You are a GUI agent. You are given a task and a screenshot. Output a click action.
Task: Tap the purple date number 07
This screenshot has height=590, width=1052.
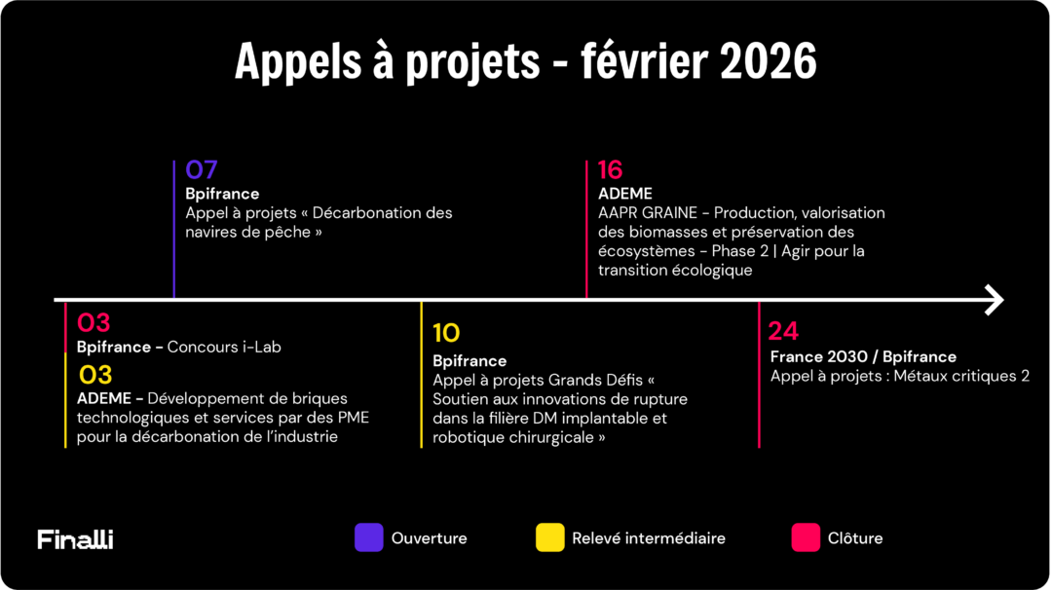[x=202, y=170]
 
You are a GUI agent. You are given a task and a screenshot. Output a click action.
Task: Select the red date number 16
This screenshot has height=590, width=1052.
[x=610, y=170]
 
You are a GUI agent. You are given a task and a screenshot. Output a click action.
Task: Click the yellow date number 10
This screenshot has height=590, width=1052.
[x=446, y=334]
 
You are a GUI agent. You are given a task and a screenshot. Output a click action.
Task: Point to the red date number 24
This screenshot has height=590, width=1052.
[x=783, y=331]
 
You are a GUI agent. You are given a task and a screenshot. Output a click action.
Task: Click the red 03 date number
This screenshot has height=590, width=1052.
[x=94, y=323]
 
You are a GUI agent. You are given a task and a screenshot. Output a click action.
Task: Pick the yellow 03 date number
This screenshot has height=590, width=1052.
[x=94, y=375]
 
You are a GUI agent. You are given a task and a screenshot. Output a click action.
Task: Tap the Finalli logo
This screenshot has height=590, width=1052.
[x=75, y=538]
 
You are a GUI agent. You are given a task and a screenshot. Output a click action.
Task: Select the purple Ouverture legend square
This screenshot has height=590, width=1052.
[x=368, y=537]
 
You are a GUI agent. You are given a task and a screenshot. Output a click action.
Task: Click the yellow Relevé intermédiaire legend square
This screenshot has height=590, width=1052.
[x=549, y=537]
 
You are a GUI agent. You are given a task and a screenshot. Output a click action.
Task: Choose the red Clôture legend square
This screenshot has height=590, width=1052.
[x=806, y=537]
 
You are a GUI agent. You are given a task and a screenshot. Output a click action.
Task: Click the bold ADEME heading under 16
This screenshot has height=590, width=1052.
[x=624, y=194]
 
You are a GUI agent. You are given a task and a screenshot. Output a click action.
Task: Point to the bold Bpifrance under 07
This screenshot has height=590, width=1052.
[x=222, y=194]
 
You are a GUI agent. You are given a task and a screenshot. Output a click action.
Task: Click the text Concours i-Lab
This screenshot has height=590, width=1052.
[x=224, y=347]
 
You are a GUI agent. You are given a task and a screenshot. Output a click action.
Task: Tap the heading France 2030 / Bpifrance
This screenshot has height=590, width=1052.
[x=863, y=356]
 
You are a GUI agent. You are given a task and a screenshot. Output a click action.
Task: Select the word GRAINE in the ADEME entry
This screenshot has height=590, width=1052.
[x=669, y=212]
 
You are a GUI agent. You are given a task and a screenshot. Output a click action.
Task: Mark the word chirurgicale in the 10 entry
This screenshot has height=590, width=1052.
[x=549, y=437]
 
